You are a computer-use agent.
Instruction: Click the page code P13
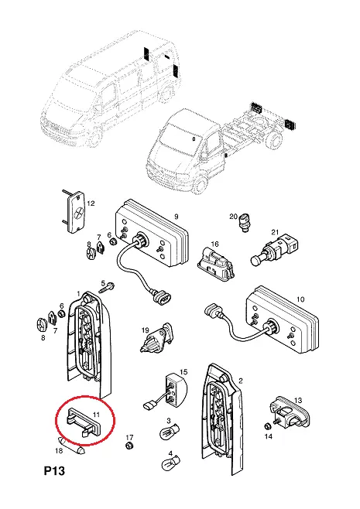tap(54, 470)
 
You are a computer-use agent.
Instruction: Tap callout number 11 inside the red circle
tap(96, 414)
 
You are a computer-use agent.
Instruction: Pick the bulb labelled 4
tap(171, 462)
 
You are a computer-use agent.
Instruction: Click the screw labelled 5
tap(107, 288)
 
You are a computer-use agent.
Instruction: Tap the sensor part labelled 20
tap(245, 222)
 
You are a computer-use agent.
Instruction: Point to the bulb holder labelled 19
tap(158, 339)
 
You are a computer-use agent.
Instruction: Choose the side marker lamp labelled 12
tap(76, 211)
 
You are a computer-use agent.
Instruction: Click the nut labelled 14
tap(268, 426)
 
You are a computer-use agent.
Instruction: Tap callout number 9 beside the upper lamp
tap(177, 216)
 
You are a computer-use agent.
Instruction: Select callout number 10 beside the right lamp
tap(300, 299)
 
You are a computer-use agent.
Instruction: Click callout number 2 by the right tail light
tap(241, 381)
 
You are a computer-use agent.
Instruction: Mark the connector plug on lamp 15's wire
tap(149, 405)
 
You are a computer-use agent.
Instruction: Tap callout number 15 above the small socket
tap(183, 371)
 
